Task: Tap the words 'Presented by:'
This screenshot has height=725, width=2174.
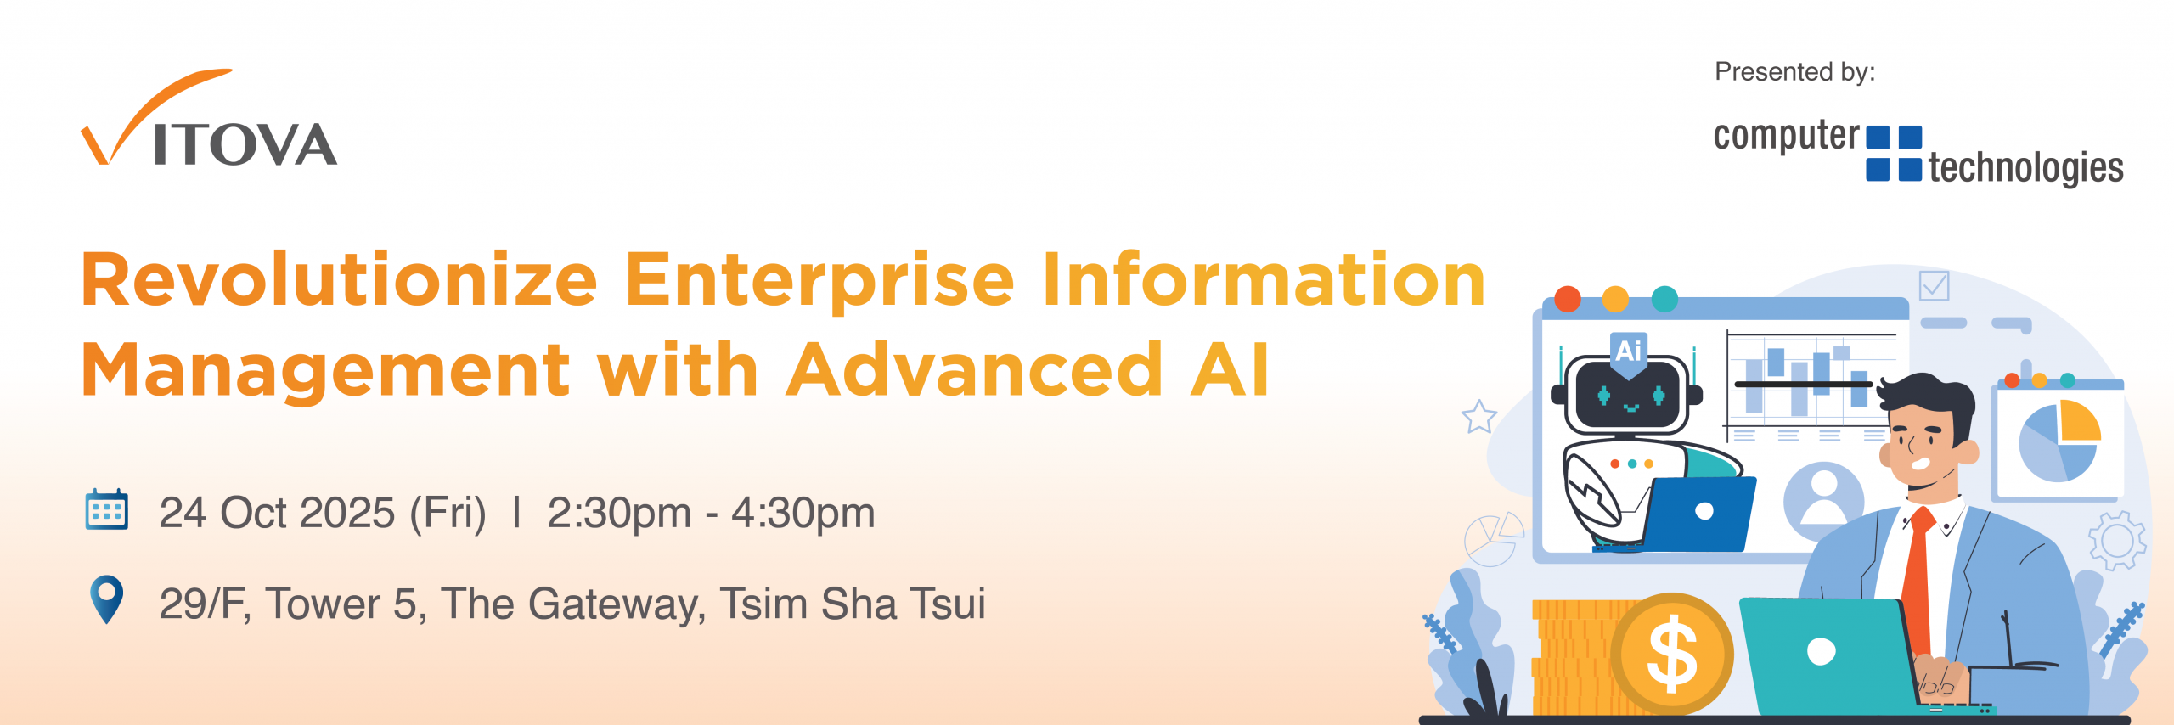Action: pos(1794,72)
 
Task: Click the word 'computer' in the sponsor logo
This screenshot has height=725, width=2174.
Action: pos(1787,137)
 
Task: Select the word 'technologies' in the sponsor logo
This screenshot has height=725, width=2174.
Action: pos(2025,168)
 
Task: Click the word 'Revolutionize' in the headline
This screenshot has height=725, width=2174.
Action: pos(340,280)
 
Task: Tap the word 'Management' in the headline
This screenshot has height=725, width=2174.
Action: pos(326,370)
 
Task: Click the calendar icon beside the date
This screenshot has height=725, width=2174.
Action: pos(107,509)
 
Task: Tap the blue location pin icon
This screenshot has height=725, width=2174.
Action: pos(107,599)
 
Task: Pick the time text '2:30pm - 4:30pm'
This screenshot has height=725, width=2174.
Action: pos(711,513)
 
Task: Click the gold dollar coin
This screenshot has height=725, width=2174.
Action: pos(1671,654)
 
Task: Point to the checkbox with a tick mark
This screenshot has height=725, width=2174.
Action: pos(1934,285)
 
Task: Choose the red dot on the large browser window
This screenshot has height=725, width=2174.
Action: pos(1567,299)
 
